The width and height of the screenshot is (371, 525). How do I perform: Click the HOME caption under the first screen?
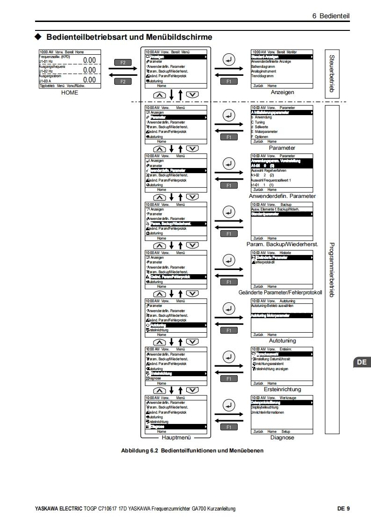click(x=70, y=93)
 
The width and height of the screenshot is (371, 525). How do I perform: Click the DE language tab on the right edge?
click(x=362, y=362)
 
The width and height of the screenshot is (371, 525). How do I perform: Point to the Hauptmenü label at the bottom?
click(x=175, y=437)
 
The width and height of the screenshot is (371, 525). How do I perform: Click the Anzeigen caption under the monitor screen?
click(x=282, y=93)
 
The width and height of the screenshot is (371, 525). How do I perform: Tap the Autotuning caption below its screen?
click(x=282, y=341)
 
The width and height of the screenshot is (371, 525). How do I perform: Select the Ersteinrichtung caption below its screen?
click(x=282, y=389)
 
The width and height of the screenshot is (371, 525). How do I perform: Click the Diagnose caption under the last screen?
click(x=282, y=437)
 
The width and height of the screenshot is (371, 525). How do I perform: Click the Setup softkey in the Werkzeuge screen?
click(x=285, y=431)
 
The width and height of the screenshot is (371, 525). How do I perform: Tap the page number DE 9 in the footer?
click(x=343, y=509)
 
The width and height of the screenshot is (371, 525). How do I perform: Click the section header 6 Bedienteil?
click(x=331, y=16)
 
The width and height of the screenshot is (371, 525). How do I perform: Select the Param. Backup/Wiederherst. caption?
click(x=282, y=244)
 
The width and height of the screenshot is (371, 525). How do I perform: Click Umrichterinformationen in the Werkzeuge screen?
click(x=268, y=413)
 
